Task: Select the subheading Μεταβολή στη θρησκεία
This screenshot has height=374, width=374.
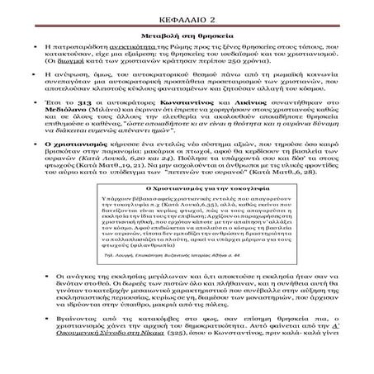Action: coord(187,37)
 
